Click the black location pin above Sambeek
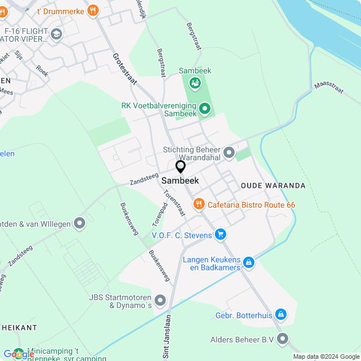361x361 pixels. pos(180,167)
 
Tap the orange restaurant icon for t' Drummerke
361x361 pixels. pos(93,10)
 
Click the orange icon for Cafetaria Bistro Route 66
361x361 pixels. pos(198,204)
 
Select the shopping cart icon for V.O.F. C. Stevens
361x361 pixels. pos(220,234)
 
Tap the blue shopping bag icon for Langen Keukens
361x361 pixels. pos(248,262)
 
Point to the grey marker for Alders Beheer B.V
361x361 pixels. pos(283,339)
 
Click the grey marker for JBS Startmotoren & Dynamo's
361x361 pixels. pos(161,301)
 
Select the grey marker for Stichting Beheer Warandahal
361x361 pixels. pos(229,152)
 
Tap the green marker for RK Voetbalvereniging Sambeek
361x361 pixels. pos(204,108)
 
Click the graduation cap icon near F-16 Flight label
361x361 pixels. pos(56,35)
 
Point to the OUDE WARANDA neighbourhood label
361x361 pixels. pos(273,186)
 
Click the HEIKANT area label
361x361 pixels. pos(19,327)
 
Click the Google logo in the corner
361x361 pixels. pos(19,354)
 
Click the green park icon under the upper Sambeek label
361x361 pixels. pos(195,83)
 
